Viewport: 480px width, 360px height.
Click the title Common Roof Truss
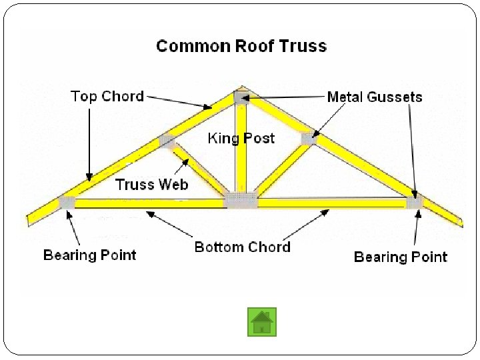coord(241,46)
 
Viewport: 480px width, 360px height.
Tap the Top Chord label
coord(107,96)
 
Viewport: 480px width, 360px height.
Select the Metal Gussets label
coord(375,97)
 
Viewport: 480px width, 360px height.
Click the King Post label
coord(241,138)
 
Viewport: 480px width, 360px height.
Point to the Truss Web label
coord(152,184)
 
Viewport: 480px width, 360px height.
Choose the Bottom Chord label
coord(243,247)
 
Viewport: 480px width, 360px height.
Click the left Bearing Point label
coord(89,255)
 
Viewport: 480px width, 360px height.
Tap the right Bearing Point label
coord(401,257)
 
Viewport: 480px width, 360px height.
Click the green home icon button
coord(262,321)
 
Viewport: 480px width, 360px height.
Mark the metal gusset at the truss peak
coord(241,97)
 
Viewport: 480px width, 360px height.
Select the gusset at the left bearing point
coord(67,201)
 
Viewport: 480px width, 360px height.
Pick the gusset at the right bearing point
coord(415,201)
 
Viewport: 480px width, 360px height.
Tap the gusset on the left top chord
coord(166,141)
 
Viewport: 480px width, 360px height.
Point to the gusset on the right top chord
coord(307,139)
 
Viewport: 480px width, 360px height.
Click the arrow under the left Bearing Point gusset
coord(74,227)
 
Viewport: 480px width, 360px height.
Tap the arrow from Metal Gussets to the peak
coord(287,97)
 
